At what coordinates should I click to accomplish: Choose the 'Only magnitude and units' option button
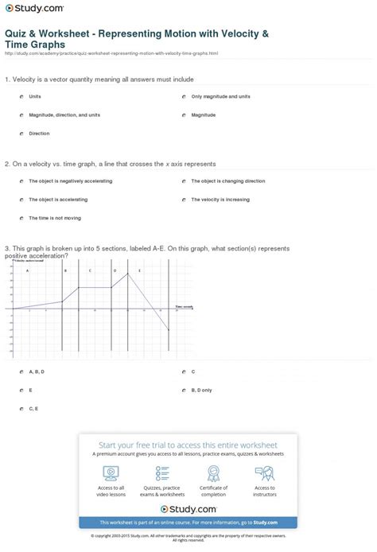tap(183, 96)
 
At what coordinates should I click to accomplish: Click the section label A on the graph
tap(28, 271)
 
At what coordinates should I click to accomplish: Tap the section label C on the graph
tap(90, 271)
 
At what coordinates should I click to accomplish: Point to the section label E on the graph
tap(139, 271)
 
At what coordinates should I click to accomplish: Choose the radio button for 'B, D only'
tap(183, 391)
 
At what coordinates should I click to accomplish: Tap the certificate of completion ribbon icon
tap(214, 473)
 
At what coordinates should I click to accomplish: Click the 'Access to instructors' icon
tap(266, 473)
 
